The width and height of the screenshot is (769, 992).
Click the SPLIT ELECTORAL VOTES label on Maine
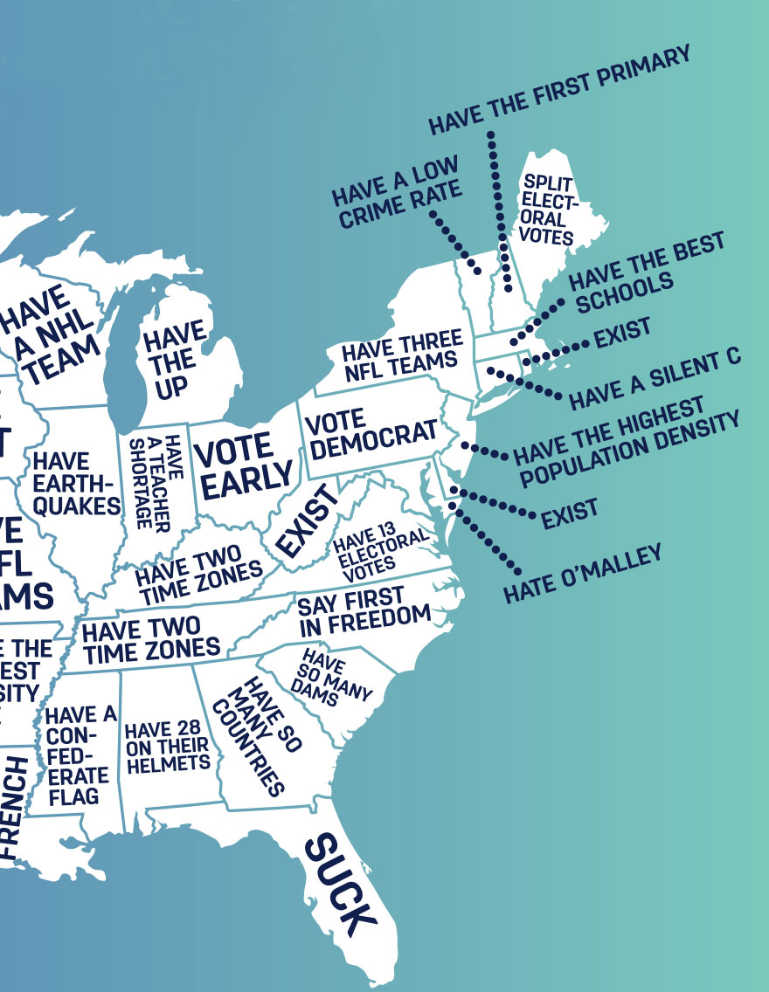tap(548, 210)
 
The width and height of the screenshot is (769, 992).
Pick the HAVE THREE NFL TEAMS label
tap(401, 353)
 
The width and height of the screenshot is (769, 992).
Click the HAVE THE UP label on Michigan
tap(176, 359)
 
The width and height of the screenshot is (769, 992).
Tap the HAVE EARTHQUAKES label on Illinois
tap(76, 483)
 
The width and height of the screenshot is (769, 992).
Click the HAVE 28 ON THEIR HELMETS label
tap(167, 747)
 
